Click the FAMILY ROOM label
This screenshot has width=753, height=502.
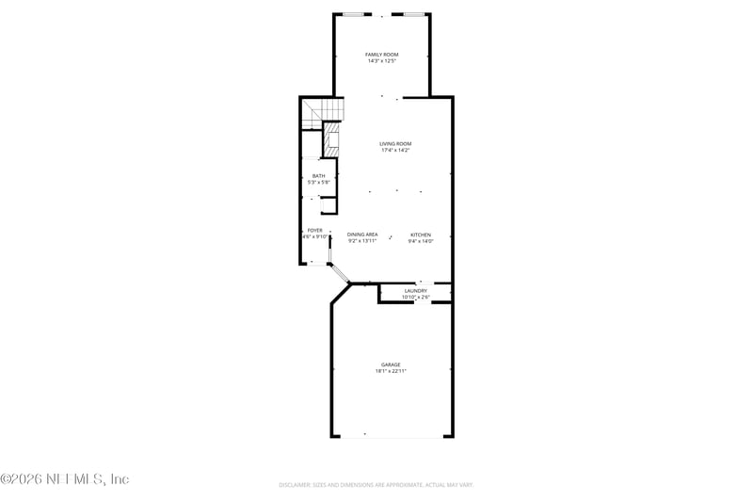[381, 55]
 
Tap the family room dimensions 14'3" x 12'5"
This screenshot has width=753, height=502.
[381, 61]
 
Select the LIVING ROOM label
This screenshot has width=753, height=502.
[395, 143]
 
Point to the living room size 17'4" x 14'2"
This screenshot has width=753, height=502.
[395, 150]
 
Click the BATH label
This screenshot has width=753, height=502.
[319, 175]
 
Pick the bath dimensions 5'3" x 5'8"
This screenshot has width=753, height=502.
[319, 182]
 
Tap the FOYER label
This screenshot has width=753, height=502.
[315, 230]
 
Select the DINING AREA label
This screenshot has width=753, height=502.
[362, 234]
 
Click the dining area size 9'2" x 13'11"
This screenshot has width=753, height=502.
[362, 240]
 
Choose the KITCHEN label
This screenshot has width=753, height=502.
[420, 234]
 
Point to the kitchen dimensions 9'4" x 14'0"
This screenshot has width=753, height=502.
[420, 240]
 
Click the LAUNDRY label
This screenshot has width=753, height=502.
[415, 290]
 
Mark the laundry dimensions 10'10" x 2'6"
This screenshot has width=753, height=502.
[415, 297]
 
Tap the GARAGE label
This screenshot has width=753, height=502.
[391, 364]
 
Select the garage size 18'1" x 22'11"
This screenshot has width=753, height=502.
[391, 371]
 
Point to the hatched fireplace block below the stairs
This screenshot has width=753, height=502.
[331, 140]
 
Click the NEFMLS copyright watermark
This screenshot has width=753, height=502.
[65, 478]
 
